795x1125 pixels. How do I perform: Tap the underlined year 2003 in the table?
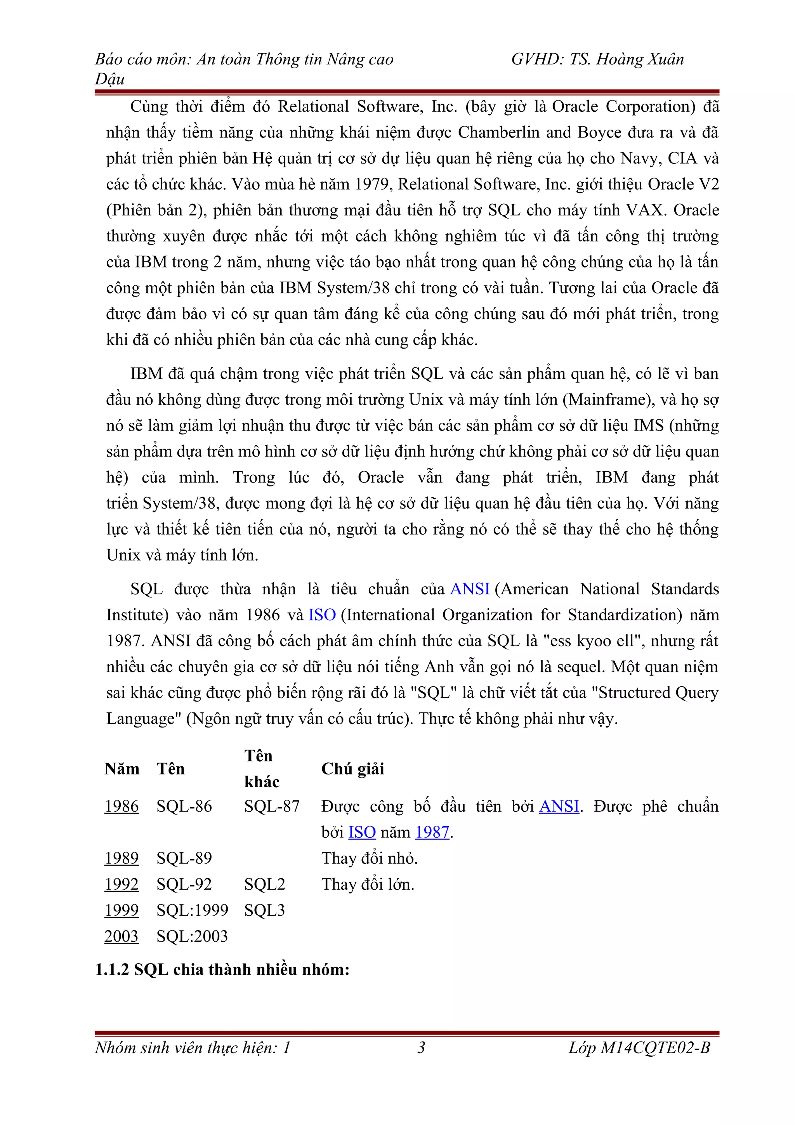(x=122, y=936)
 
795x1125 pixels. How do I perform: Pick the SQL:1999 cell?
(x=193, y=910)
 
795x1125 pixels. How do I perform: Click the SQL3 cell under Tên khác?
(x=264, y=910)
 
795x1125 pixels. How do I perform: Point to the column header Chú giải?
(x=353, y=768)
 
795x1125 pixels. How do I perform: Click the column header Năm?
(x=122, y=768)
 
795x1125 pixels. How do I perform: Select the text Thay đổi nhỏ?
(x=369, y=858)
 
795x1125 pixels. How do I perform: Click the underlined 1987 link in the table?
(x=432, y=832)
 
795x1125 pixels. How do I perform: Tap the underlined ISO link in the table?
(x=362, y=832)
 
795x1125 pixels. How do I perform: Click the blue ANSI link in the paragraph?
(x=470, y=589)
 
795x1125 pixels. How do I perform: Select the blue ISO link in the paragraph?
(x=322, y=615)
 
